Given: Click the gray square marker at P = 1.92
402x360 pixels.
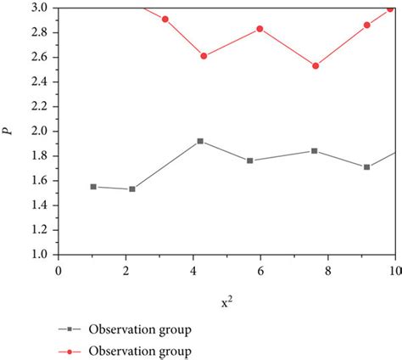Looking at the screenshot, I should point(200,141).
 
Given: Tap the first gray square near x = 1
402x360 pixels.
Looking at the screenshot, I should point(93,186).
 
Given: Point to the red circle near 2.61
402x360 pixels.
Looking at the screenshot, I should point(204,56).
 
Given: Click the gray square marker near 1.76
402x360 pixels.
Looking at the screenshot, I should point(250,160).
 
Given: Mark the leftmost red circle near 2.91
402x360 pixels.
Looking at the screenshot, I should point(165,19).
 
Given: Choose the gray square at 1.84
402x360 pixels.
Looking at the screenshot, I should point(315,150).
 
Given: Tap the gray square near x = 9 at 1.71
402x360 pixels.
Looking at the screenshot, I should point(366,166).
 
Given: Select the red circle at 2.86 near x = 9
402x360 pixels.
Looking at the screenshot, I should point(367,25).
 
